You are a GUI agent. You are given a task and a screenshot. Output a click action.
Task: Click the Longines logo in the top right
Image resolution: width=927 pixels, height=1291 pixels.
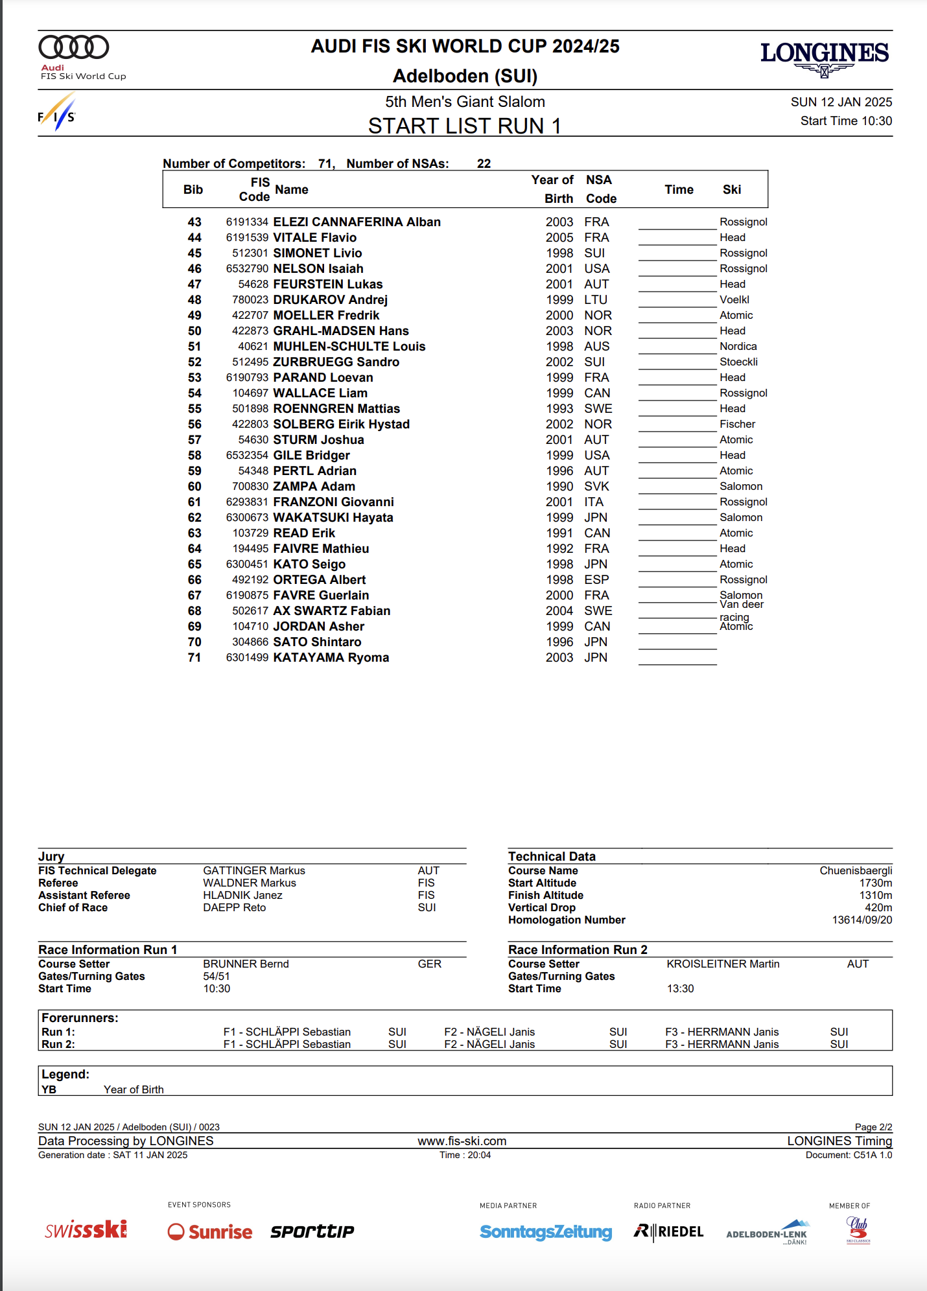824,57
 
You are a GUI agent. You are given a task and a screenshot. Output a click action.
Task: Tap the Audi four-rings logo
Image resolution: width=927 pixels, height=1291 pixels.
74,47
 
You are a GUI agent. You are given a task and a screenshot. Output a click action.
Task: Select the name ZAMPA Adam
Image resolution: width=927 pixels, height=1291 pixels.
314,487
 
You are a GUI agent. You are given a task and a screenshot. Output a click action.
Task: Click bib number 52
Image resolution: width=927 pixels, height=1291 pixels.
194,362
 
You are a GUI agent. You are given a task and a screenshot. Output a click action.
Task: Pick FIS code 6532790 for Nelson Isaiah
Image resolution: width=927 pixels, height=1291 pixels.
247,269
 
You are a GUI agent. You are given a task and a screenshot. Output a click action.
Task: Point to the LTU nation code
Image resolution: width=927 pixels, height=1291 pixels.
596,300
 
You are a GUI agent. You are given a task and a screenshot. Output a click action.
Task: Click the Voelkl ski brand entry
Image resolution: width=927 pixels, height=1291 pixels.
734,300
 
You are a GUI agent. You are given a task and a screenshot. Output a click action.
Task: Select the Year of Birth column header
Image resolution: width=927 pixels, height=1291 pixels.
553,189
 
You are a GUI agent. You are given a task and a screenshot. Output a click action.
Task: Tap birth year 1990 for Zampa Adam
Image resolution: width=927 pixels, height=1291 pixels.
559,487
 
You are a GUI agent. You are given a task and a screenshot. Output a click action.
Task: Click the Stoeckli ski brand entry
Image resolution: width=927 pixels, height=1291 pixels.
738,362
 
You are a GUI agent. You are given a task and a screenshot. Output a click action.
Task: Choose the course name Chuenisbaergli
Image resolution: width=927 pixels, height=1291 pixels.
856,871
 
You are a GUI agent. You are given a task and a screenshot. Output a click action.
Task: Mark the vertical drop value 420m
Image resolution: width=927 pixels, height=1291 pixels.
878,908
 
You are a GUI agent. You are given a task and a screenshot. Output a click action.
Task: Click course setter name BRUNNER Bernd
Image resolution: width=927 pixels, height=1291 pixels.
246,964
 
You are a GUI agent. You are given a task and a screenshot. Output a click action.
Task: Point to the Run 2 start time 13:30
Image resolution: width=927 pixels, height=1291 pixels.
680,989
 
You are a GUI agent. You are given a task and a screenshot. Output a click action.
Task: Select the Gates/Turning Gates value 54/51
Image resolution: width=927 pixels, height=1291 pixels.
217,977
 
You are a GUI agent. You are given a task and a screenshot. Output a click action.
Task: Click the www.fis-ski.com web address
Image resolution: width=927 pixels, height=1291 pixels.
462,1141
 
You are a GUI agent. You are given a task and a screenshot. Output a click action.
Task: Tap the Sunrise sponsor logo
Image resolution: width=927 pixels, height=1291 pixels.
210,1232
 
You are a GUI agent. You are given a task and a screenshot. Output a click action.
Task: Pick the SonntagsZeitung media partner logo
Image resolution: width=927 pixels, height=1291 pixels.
546,1232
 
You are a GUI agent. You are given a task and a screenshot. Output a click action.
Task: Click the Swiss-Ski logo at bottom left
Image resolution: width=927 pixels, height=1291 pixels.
86,1230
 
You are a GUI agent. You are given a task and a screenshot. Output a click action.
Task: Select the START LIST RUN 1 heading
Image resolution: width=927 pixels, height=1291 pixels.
464,126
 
